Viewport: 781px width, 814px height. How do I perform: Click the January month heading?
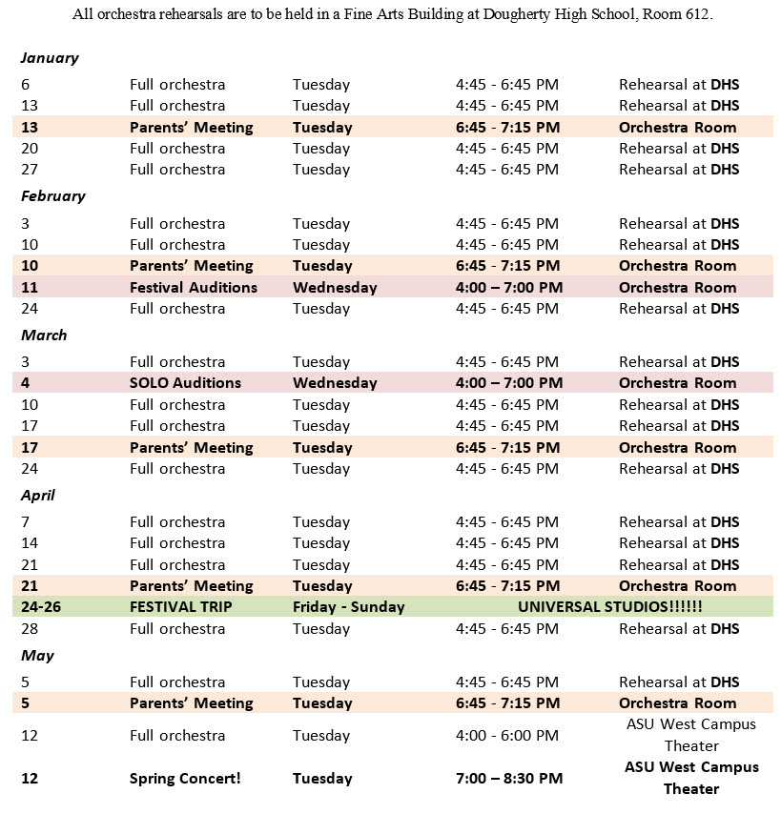tap(50, 58)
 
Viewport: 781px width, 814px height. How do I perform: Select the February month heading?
tap(53, 196)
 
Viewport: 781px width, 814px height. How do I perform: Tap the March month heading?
tap(45, 336)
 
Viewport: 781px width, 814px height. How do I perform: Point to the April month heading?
tap(38, 496)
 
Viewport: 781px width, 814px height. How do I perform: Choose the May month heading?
tap(37, 656)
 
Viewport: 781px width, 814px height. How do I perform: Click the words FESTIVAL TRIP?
tap(180, 607)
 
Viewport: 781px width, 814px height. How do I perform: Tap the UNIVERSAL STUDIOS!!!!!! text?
tap(609, 607)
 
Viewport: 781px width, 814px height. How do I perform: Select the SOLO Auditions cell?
tap(185, 383)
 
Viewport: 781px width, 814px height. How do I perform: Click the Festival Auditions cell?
tap(193, 288)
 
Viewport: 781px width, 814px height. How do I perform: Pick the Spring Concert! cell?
tap(185, 779)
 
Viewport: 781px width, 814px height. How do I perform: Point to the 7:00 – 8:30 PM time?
tap(508, 779)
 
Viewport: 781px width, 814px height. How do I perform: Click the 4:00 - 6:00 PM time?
tap(506, 736)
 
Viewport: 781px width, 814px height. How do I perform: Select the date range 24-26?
tap(41, 607)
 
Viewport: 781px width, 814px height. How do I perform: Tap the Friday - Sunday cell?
tap(348, 607)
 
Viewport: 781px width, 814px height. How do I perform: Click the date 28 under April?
tap(30, 629)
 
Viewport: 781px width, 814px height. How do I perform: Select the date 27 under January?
tap(30, 170)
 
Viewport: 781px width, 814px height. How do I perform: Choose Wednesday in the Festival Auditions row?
tap(335, 288)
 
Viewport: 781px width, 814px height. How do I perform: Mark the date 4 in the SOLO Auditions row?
tap(26, 383)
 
